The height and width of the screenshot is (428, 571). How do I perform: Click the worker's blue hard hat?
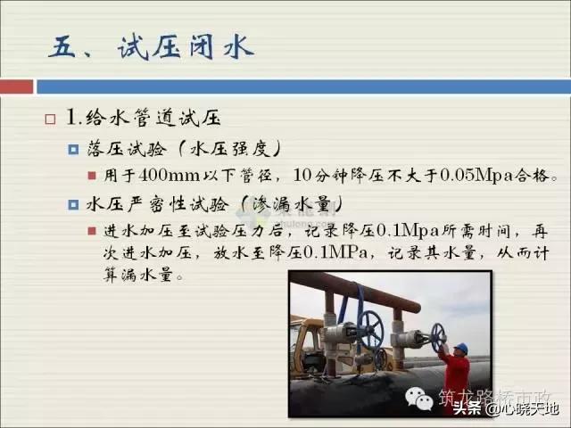coord(460,348)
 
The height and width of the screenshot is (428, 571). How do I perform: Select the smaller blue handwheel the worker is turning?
coord(437,334)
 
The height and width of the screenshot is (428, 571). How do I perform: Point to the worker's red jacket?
coord(456,374)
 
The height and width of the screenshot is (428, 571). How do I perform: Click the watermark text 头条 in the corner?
coord(468,409)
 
